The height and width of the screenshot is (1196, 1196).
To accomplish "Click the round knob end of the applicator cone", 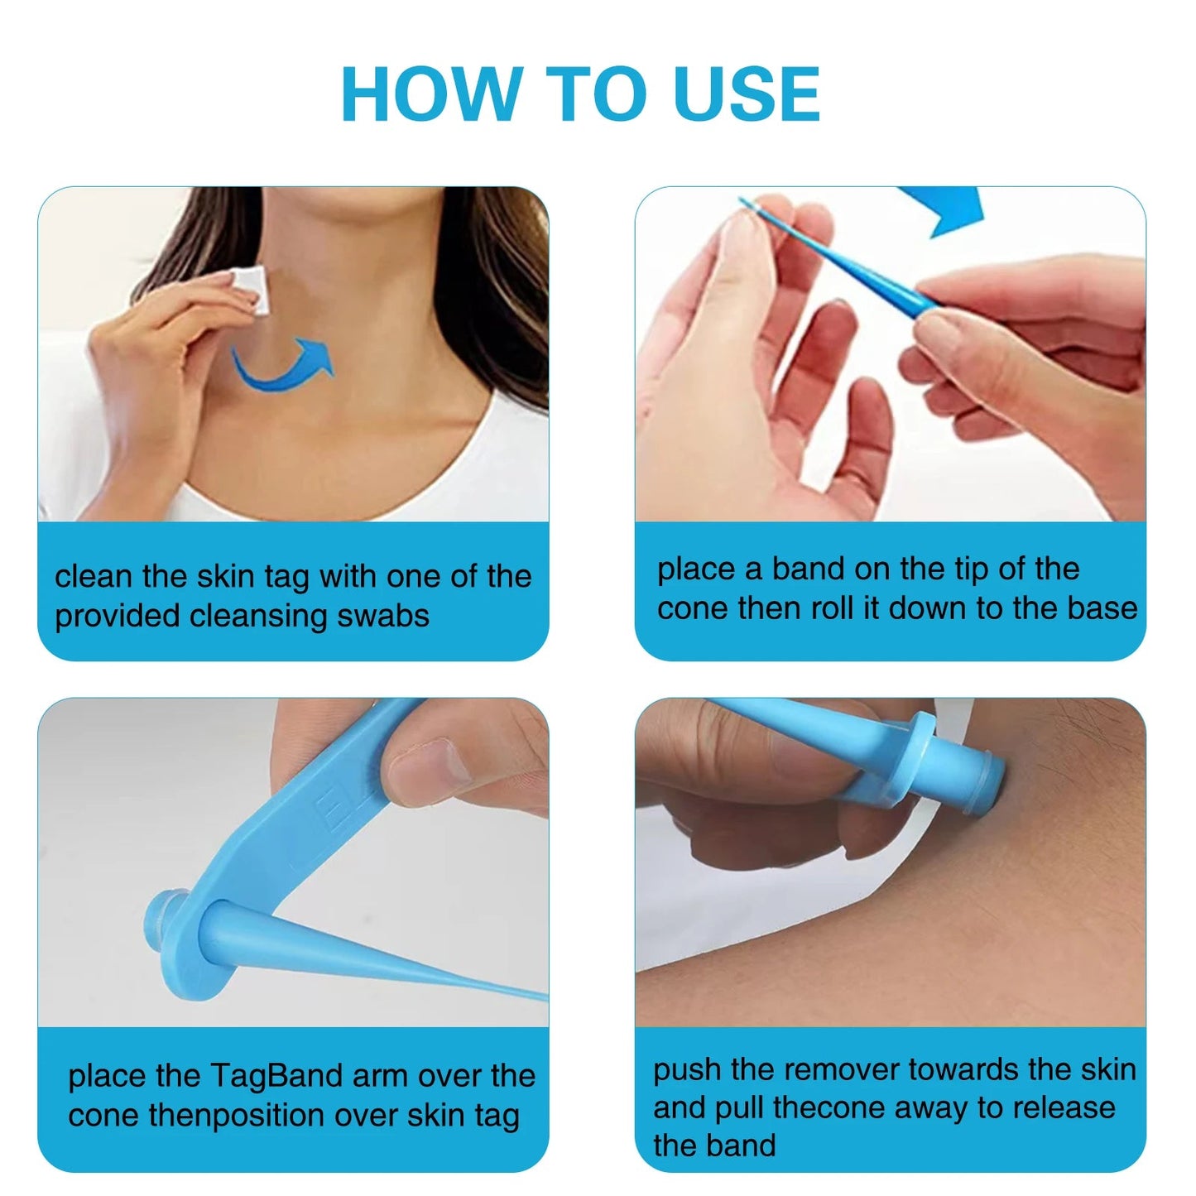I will [161, 918].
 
